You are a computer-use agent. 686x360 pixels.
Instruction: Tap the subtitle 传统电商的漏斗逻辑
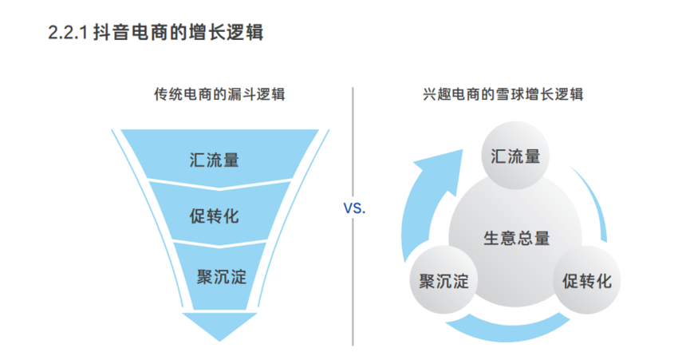point(219,94)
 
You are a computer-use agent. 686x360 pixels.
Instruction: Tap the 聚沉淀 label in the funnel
point(220,276)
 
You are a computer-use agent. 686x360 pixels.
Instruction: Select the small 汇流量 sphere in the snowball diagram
point(515,156)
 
